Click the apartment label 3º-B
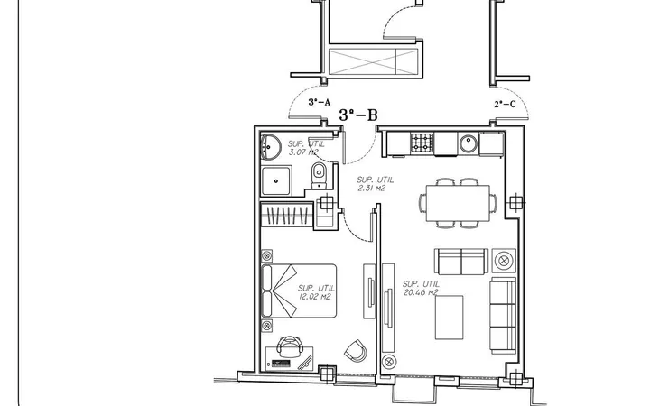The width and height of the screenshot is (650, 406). [x=358, y=115]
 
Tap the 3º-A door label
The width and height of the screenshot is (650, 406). [x=320, y=102]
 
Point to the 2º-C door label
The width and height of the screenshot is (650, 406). [x=505, y=104]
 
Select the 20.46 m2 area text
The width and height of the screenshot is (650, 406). [x=421, y=289]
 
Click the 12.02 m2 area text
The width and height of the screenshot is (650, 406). [x=316, y=292]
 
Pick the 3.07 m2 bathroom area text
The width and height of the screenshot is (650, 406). [x=306, y=148]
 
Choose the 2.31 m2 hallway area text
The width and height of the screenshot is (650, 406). [x=376, y=184]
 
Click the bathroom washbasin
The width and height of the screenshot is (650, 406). [x=270, y=147]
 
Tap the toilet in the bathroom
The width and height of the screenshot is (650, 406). [x=319, y=176]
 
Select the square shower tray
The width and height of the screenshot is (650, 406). [x=276, y=181]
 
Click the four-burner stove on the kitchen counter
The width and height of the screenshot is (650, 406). [x=422, y=143]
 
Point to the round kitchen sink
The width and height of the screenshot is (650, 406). [x=469, y=143]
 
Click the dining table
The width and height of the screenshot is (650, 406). [x=458, y=203]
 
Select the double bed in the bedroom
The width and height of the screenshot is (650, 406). [x=299, y=291]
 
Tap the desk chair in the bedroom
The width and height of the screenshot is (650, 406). [x=290, y=346]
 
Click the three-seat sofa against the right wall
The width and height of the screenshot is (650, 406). [x=503, y=316]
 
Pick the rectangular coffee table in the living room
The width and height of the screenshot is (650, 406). [x=449, y=318]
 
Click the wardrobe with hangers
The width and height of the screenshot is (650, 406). [x=286, y=214]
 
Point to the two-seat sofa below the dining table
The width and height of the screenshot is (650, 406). [x=461, y=262]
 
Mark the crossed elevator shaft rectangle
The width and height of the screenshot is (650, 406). [x=373, y=61]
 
